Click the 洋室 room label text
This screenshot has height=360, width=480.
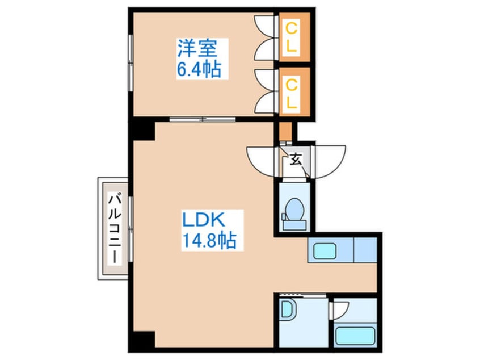pyautogui.click(x=197, y=48)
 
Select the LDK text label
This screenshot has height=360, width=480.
pyautogui.click(x=204, y=220)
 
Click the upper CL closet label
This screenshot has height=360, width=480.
pyautogui.click(x=292, y=38)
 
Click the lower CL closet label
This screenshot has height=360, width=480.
pyautogui.click(x=292, y=94)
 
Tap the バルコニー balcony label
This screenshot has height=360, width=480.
pyautogui.click(x=115, y=228)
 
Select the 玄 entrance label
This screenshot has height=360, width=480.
pyautogui.click(x=296, y=160)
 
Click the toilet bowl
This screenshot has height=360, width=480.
pyautogui.click(x=294, y=209)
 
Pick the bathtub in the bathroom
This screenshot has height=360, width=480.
pyautogui.click(x=355, y=336)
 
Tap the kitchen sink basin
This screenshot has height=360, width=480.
pyautogui.click(x=325, y=250)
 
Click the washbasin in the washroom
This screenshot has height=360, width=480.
pyautogui.click(x=288, y=309)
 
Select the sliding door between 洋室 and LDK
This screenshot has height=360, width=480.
pyautogui.click(x=203, y=119)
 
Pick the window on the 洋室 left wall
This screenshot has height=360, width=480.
pyautogui.click(x=130, y=63)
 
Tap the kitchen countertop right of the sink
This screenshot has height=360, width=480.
pyautogui.click(x=365, y=250)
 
